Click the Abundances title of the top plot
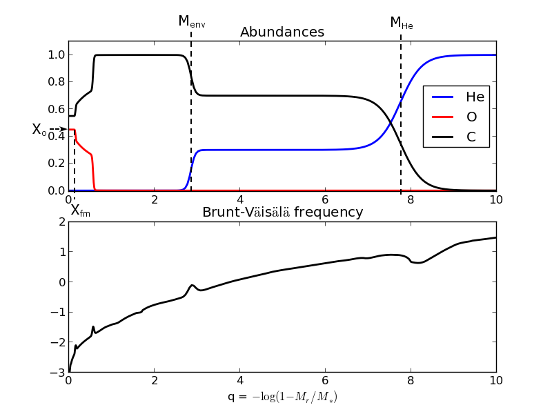pos(282,32)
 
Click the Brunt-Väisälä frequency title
pos(282,213)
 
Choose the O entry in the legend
pos(471,117)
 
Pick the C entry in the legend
pos(471,137)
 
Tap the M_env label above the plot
pos(191,21)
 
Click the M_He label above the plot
pos(401,23)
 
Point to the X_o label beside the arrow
pos(39,130)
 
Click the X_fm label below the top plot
pos(80,211)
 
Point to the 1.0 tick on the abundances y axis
pos(57,55)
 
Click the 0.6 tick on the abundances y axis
pos(57,109)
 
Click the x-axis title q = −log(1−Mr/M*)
pos(282,397)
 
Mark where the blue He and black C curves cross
pos(391,122)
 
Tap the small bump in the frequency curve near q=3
pos(193,285)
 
